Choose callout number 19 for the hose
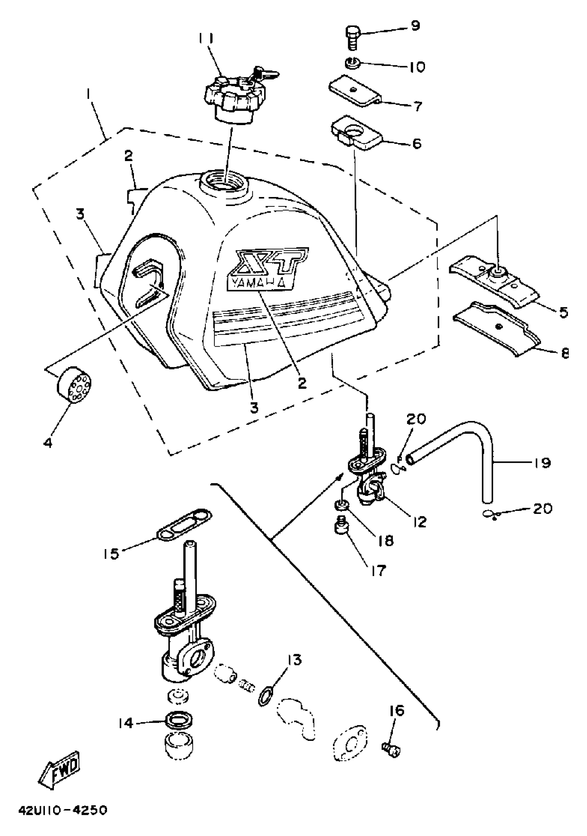542,463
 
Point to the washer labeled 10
353,64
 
